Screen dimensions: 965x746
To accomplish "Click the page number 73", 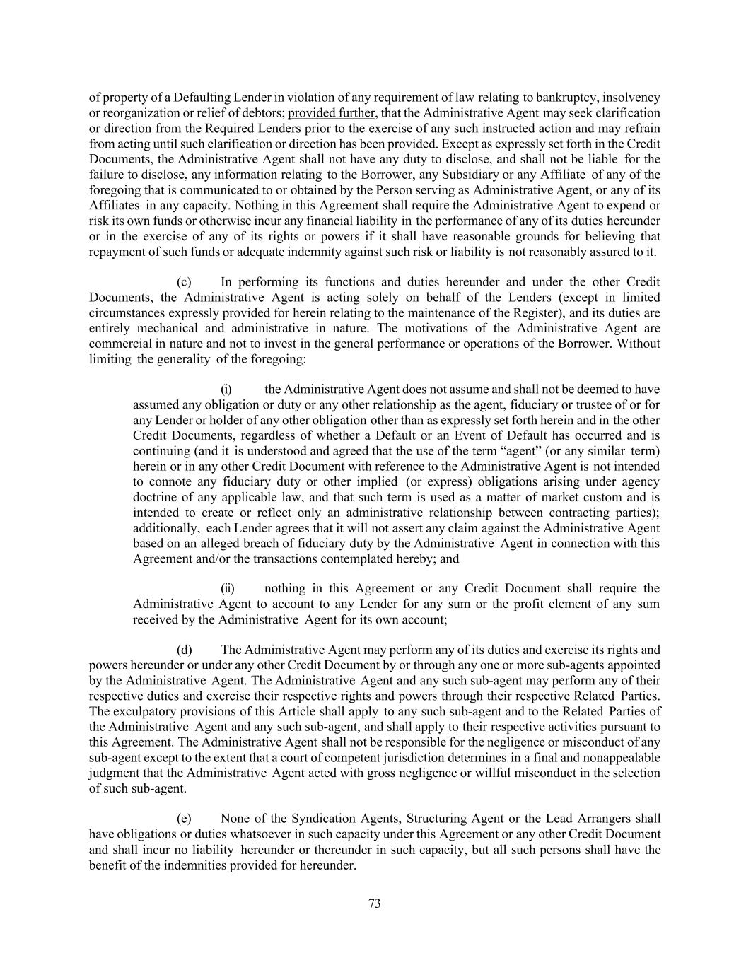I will (375, 903).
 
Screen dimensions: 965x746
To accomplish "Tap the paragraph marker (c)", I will (184, 281).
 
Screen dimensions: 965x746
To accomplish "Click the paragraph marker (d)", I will (184, 650).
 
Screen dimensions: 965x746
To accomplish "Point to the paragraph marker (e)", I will (184, 819).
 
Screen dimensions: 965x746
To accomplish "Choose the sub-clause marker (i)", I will (226, 389).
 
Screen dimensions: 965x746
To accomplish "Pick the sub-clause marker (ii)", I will (228, 588).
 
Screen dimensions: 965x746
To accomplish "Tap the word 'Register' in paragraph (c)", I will (540, 312).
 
